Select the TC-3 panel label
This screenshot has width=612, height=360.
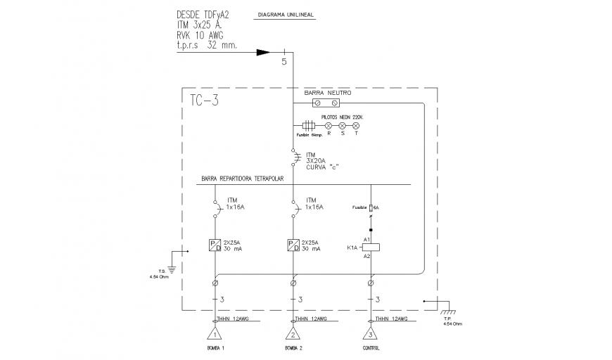[x=205, y=101]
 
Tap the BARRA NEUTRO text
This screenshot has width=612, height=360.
[x=327, y=93]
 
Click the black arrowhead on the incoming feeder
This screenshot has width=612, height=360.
[x=262, y=52]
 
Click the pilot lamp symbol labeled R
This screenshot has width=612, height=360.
[x=328, y=125]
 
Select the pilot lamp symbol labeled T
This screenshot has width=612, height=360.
[x=356, y=125]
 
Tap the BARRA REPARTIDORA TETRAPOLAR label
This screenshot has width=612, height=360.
[x=242, y=179]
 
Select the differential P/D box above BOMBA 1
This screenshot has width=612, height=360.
[x=215, y=245]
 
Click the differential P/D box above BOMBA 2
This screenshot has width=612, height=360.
[x=293, y=245]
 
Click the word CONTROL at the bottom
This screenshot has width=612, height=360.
[x=370, y=349]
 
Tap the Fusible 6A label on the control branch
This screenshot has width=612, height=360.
[x=364, y=207]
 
